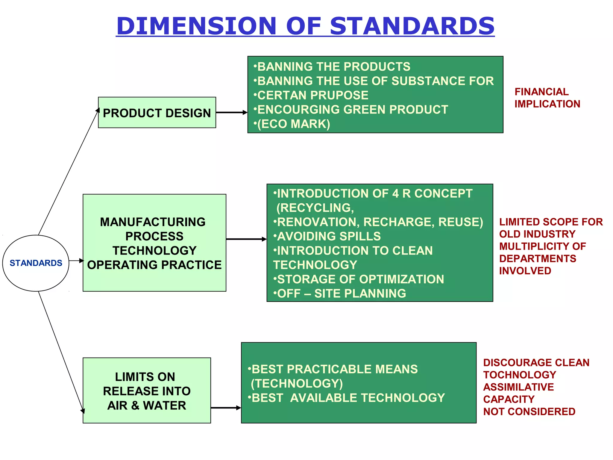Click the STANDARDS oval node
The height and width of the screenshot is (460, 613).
click(x=36, y=263)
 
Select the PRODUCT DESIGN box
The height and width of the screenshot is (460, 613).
click(x=157, y=113)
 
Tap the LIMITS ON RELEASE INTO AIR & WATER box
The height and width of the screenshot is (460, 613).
click(x=147, y=391)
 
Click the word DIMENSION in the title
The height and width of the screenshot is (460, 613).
click(x=196, y=26)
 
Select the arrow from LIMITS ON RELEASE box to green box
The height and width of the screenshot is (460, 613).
click(x=226, y=408)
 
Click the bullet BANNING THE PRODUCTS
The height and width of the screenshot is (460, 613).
click(x=333, y=66)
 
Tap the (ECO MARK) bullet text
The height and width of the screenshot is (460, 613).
click(x=293, y=124)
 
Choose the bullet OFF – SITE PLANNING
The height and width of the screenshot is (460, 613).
click(x=341, y=293)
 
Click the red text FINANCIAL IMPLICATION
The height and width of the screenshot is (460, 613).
click(x=547, y=98)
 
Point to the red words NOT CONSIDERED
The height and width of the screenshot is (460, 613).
click(x=529, y=411)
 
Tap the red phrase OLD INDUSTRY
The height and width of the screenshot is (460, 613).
click(x=537, y=234)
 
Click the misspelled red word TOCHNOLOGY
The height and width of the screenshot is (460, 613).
click(x=519, y=375)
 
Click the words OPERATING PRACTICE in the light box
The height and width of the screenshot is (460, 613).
click(x=154, y=265)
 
